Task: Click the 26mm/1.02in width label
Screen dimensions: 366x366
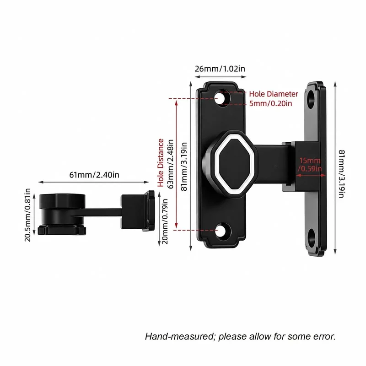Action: pyautogui.click(x=220, y=69)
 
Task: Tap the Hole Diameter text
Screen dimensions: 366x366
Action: pyautogui.click(x=274, y=94)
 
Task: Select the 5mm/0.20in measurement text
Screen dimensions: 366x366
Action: pyautogui.click(x=270, y=103)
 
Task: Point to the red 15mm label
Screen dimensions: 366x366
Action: pyautogui.click(x=310, y=161)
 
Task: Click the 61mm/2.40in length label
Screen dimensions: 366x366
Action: pyautogui.click(x=94, y=175)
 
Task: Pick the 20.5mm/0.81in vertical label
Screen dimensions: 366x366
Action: pyautogui.click(x=28, y=215)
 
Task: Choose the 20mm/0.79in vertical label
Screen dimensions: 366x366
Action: pyautogui.click(x=165, y=221)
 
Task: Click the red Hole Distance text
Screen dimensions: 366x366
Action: pyautogui.click(x=161, y=163)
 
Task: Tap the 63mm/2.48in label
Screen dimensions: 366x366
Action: pyautogui.click(x=171, y=164)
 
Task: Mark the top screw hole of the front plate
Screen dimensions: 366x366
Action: pyautogui.click(x=223, y=97)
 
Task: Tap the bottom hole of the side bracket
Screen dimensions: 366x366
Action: pyautogui.click(x=311, y=238)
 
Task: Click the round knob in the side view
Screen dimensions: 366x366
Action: pyautogui.click(x=62, y=214)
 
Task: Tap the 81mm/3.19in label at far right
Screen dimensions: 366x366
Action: pyautogui.click(x=341, y=174)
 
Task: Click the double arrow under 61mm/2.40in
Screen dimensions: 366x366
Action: pyautogui.click(x=94, y=182)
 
